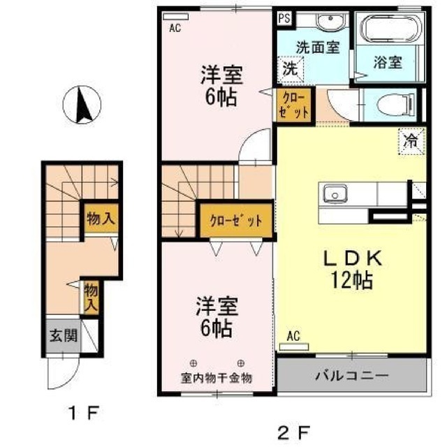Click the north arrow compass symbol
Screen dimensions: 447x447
pyautogui.click(x=82, y=105)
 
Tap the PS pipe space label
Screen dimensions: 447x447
pyautogui.click(x=284, y=19)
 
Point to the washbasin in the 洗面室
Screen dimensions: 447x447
pyautogui.click(x=330, y=22)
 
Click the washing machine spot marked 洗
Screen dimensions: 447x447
pyautogui.click(x=291, y=69)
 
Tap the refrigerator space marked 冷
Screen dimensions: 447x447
pyautogui.click(x=411, y=141)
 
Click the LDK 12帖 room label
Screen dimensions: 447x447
pyautogui.click(x=352, y=269)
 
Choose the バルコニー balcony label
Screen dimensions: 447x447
pyautogui.click(x=352, y=376)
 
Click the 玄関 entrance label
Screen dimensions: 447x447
pyautogui.click(x=64, y=335)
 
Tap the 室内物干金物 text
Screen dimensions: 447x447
pyautogui.click(x=217, y=378)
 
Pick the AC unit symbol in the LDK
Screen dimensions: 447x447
pyautogui.click(x=294, y=346)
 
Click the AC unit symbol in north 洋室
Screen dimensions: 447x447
pyautogui.click(x=175, y=17)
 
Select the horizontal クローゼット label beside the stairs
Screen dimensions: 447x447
pyautogui.click(x=236, y=221)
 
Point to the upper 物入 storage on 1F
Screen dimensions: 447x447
pyautogui.click(x=101, y=219)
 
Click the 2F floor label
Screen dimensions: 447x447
pyautogui.click(x=293, y=434)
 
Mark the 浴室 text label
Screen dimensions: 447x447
pyautogui.click(x=388, y=62)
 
